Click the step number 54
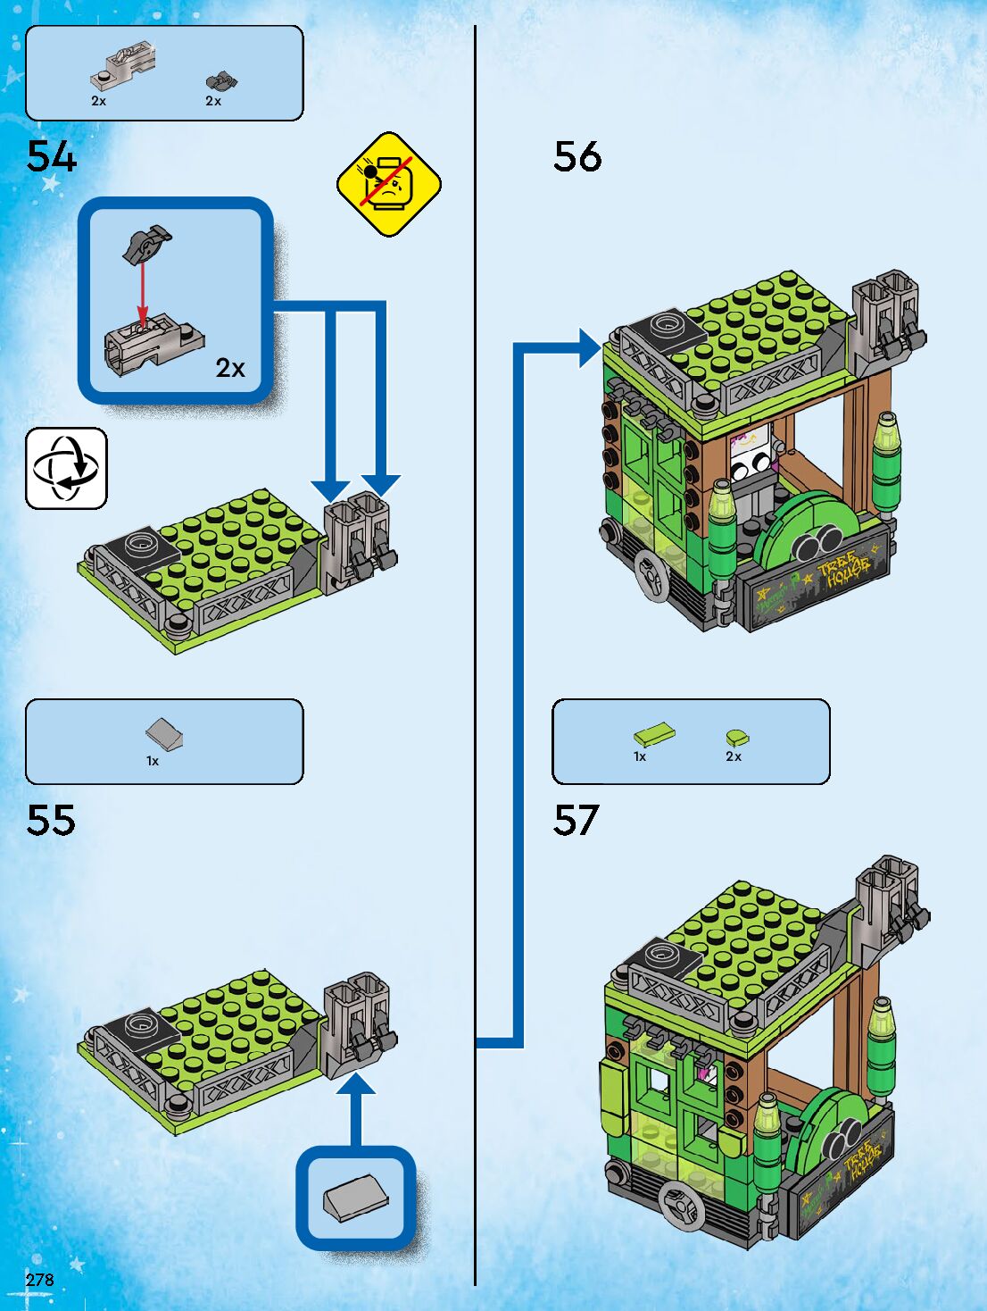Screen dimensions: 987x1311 click(x=52, y=157)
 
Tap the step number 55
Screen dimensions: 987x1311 click(x=51, y=820)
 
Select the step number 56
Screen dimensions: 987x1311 click(x=577, y=157)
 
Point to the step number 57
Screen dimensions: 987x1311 click(x=576, y=820)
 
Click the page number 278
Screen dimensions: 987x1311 click(x=40, y=1280)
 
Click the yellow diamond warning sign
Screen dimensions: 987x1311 click(x=389, y=184)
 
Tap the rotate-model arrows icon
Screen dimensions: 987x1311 click(x=66, y=468)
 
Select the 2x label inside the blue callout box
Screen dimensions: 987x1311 click(x=230, y=368)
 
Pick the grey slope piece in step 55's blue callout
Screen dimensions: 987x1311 click(x=356, y=1197)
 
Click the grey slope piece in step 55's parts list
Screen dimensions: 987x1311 click(x=164, y=734)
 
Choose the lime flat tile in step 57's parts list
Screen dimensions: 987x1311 click(x=654, y=735)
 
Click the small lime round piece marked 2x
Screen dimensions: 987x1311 click(x=737, y=738)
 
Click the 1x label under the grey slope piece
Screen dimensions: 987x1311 click(x=153, y=761)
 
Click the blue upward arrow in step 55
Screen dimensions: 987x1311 click(x=356, y=1107)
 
